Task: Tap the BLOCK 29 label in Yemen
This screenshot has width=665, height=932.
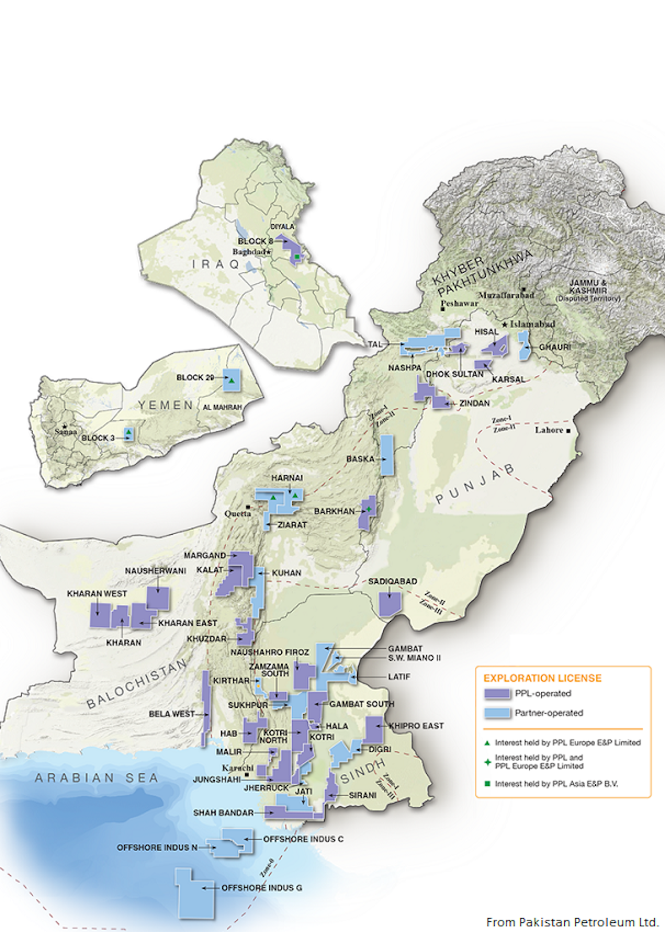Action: pos(195,377)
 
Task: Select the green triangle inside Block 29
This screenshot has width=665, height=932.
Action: pos(232,381)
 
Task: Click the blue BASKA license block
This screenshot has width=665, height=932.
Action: pos(387,455)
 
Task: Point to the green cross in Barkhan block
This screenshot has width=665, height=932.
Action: pos(369,509)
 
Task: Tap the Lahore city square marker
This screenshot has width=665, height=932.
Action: pos(568,430)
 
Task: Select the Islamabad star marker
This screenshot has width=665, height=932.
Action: pos(505,325)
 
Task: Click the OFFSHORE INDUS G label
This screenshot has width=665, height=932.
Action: pos(261,888)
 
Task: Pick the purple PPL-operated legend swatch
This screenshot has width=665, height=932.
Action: pos(497,693)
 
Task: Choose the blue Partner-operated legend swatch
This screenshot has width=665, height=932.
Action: pos(497,713)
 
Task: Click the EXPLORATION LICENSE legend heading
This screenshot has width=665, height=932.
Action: pos(542,678)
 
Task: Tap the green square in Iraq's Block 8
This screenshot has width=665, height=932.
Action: pos(297,257)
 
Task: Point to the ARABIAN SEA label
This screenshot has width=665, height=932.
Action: pos(97,778)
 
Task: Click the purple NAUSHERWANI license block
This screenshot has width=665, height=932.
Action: pos(158,598)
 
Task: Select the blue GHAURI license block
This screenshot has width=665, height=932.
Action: pos(524,345)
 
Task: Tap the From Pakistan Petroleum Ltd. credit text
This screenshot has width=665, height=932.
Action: pos(572,922)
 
